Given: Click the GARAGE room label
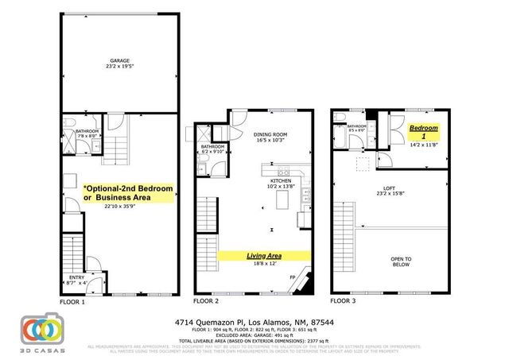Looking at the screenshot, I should (119, 60).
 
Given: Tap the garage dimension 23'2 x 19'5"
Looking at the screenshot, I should (119, 68).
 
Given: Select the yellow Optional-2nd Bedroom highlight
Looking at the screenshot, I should (127, 192).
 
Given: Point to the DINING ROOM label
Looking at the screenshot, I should (270, 134).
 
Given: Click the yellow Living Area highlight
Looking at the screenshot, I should (265, 256).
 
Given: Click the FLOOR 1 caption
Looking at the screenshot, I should (72, 302).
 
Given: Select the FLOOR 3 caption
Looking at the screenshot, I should (344, 302).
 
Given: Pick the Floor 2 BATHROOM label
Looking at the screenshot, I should (212, 147).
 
